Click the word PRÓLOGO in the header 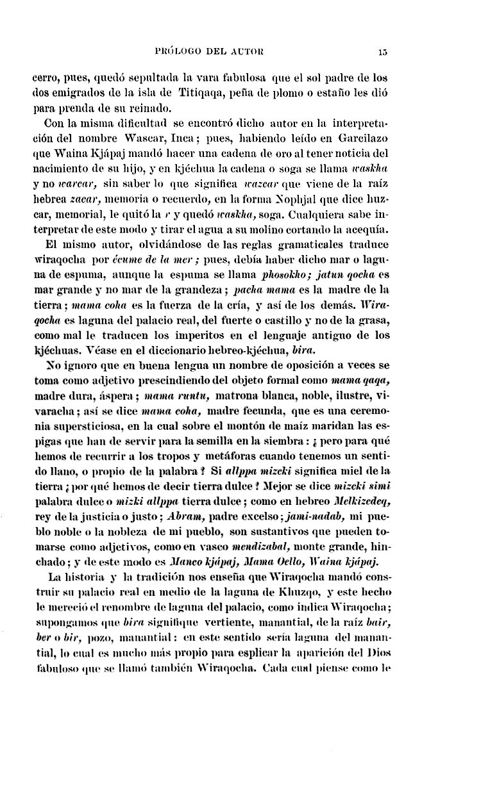178,52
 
